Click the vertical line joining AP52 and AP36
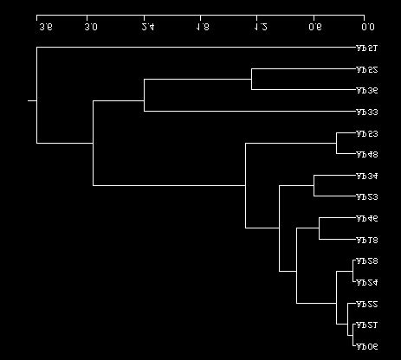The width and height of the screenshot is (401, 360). point(251,80)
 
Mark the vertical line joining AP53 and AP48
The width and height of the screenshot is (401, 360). point(337,144)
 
